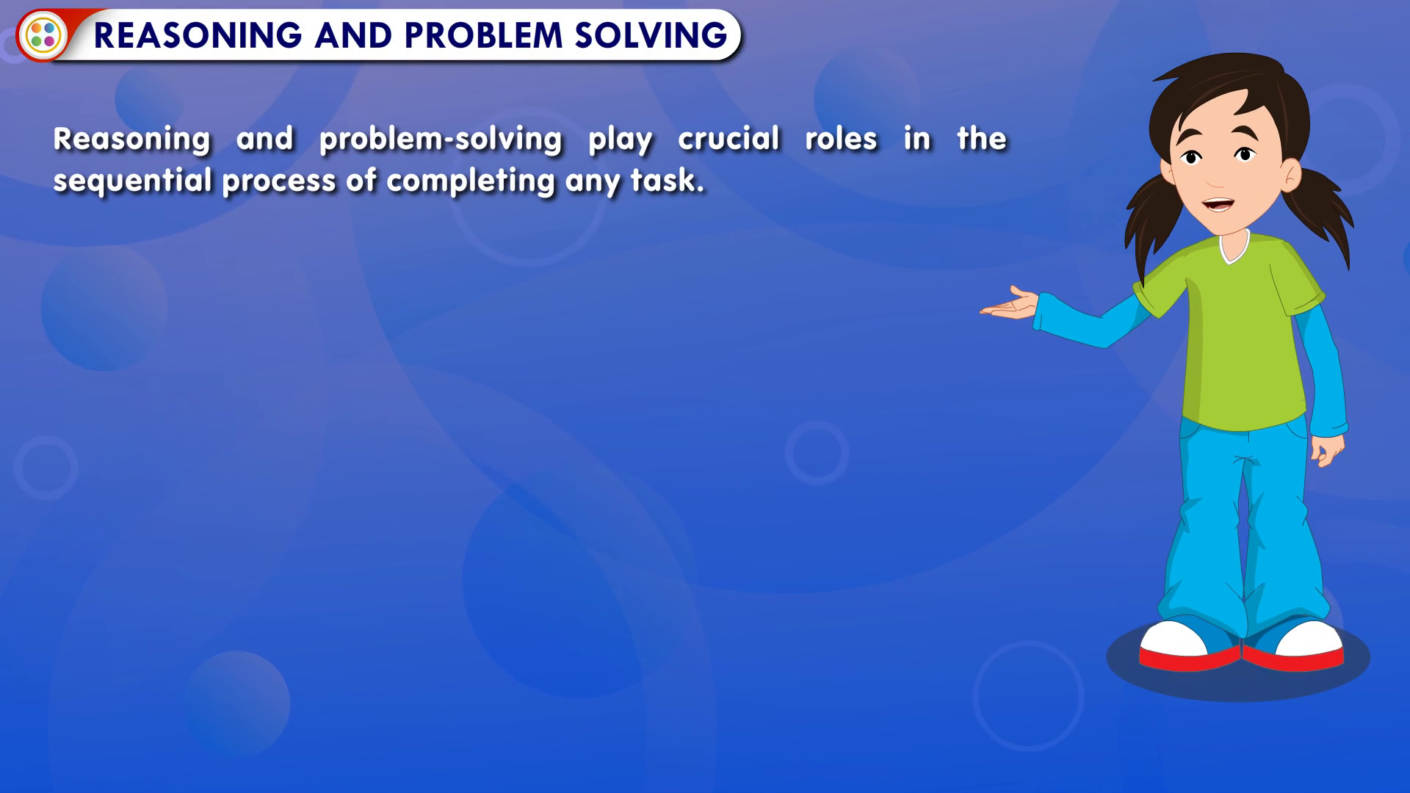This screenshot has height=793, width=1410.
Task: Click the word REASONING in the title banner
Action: point(198,35)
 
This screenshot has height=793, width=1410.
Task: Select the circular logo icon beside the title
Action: point(43,35)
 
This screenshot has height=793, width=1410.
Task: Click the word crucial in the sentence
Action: point(728,138)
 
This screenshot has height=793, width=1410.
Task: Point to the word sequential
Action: point(132,181)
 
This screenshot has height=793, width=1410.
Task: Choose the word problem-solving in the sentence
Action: point(441,140)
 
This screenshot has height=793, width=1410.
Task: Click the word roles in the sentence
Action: point(841,138)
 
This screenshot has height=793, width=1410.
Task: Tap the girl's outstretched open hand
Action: point(1010,304)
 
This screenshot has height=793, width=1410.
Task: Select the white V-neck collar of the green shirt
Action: point(1234,247)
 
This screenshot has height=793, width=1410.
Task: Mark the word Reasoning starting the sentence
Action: point(132,140)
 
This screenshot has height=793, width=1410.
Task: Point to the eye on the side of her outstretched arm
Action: point(1190,156)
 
